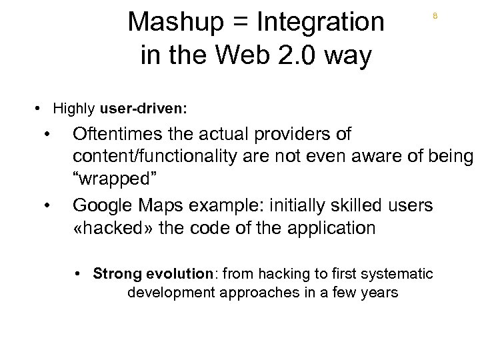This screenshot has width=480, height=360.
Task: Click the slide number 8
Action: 435,16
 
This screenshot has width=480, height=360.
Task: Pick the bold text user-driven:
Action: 143,108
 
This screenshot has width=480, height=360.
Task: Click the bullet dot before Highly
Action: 41,108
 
